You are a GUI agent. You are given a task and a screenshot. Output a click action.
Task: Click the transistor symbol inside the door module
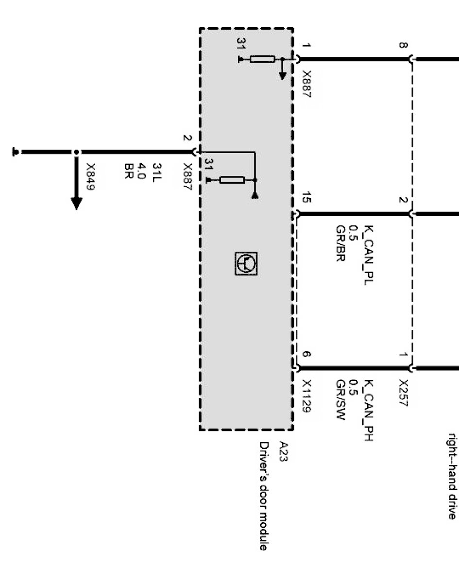pos(246,263)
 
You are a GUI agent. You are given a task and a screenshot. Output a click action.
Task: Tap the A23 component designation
pos(284,451)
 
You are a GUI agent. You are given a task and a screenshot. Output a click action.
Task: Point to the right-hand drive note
pos(451,476)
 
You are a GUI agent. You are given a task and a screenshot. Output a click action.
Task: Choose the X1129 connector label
pos(306,396)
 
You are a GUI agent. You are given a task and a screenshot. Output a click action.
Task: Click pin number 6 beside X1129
pos(306,355)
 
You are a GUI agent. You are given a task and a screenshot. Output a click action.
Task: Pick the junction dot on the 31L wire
pos(76,153)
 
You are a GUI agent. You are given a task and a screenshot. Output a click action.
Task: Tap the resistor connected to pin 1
pos(262,59)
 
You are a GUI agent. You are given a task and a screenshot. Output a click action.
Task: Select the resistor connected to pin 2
pos(232,180)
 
